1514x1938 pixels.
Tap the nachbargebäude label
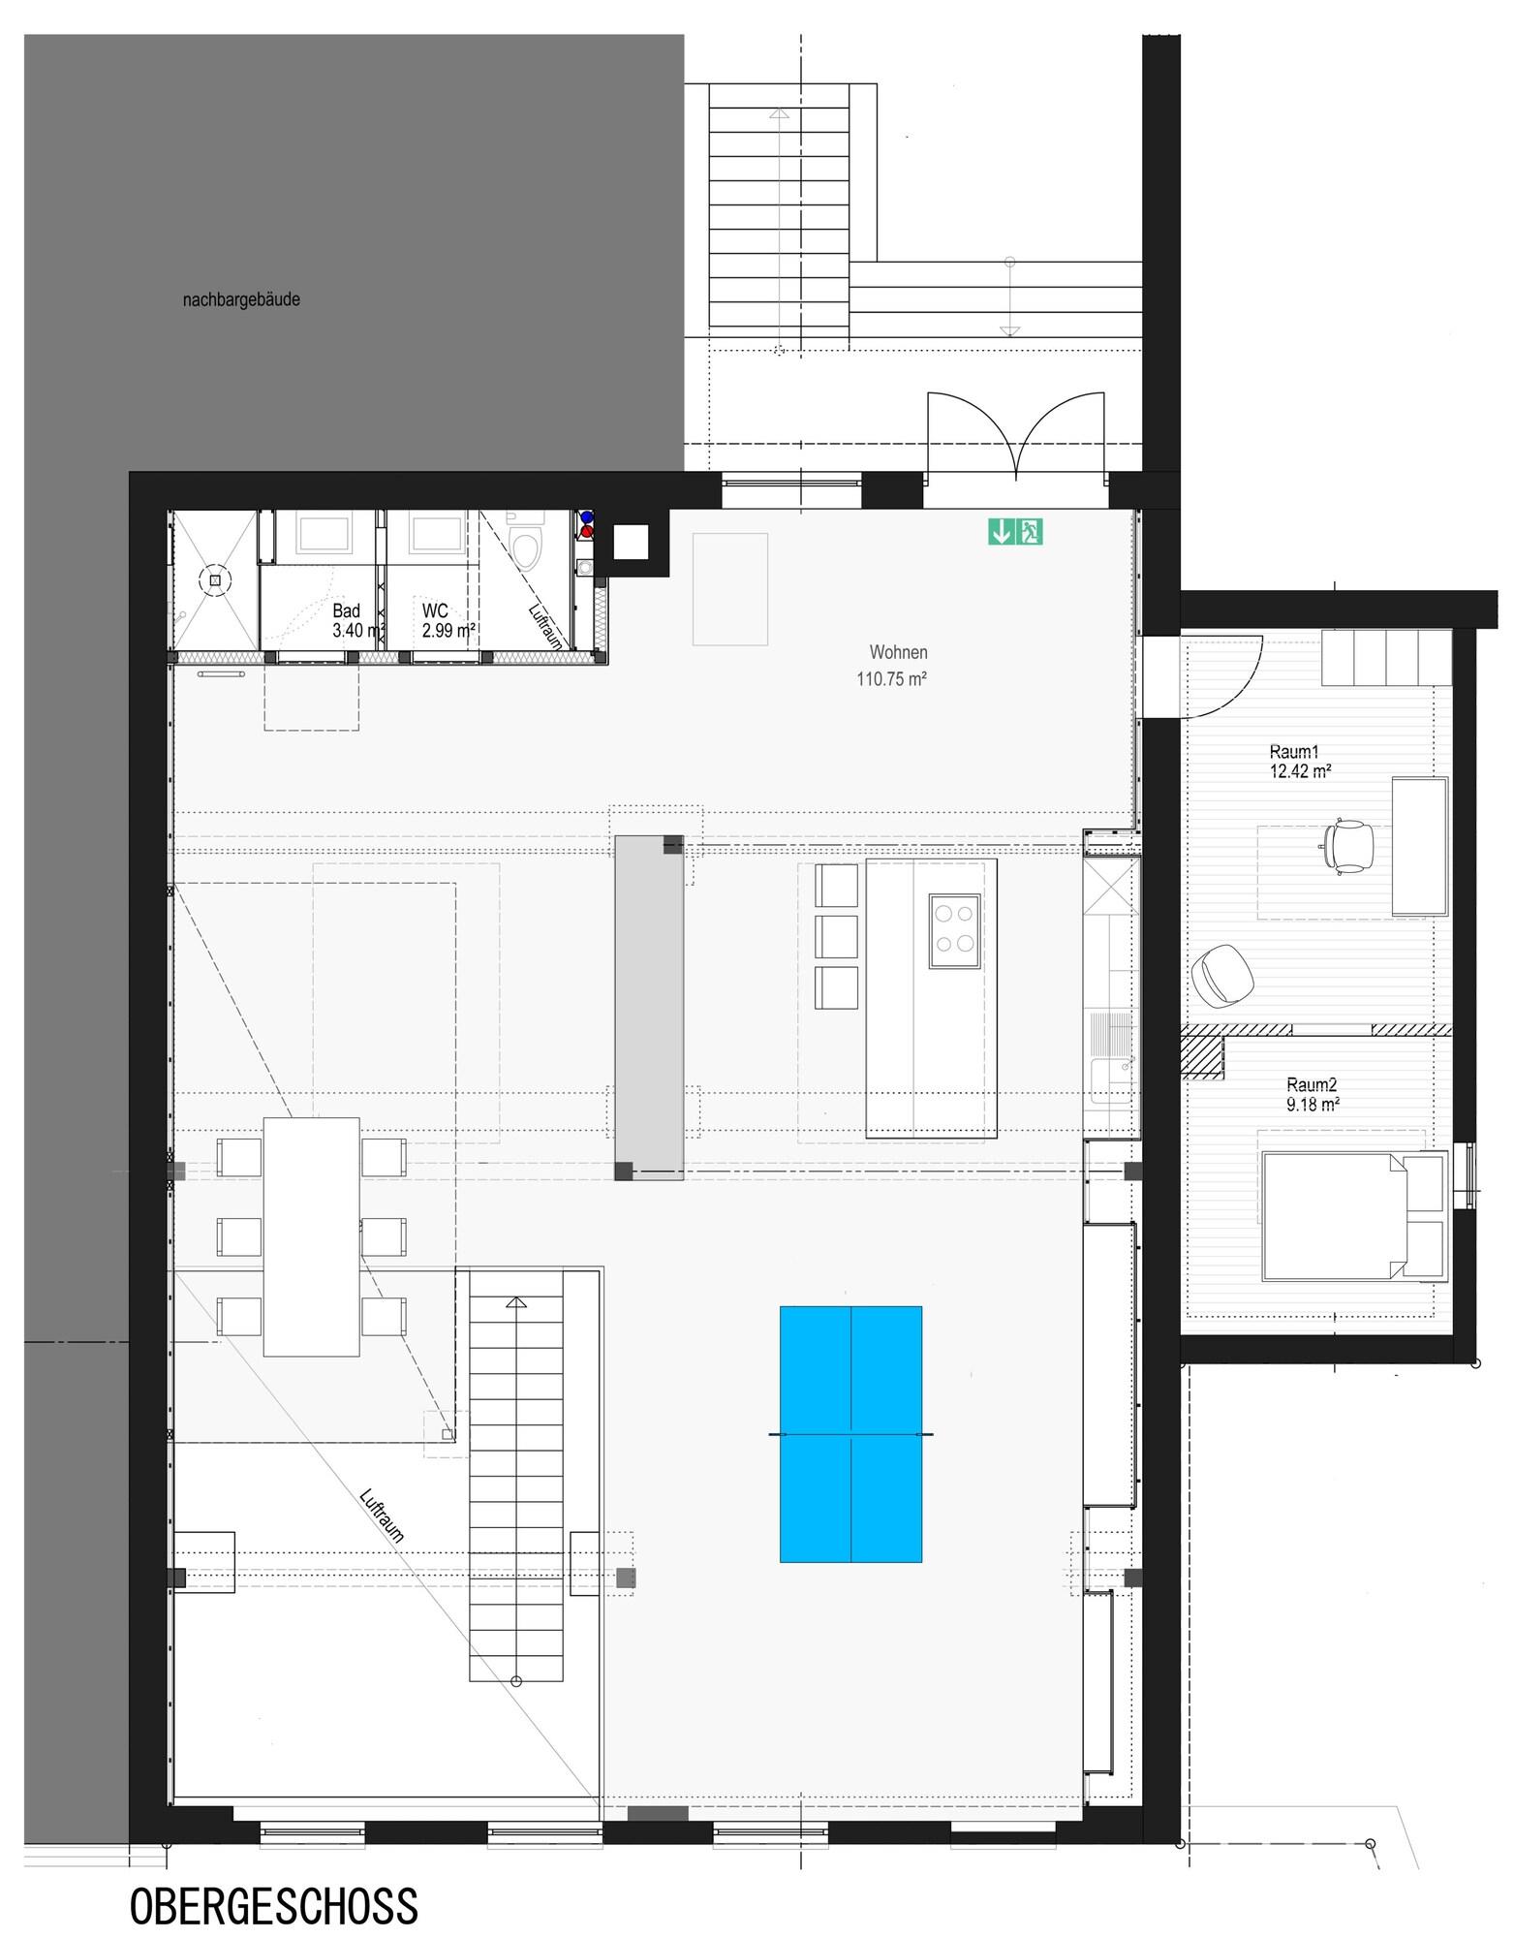[241, 299]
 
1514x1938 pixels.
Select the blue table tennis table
[850, 1434]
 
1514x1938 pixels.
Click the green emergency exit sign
[1015, 531]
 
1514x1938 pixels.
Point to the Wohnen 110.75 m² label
[891, 666]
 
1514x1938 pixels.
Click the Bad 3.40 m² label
[358, 620]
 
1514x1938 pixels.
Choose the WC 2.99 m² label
[448, 620]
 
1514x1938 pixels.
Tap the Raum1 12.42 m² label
[1300, 762]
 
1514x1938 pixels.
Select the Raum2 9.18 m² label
[1313, 1094]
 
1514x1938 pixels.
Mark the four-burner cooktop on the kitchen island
[954, 931]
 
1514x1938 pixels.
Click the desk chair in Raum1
[1347, 845]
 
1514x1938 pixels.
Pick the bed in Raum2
[1352, 1215]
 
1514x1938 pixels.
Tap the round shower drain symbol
[215, 580]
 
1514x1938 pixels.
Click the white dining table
[311, 1237]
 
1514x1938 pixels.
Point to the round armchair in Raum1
[1222, 975]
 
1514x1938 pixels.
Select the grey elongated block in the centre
[649, 1006]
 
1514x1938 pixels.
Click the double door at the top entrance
[1016, 435]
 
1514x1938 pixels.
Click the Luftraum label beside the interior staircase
[381, 1515]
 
